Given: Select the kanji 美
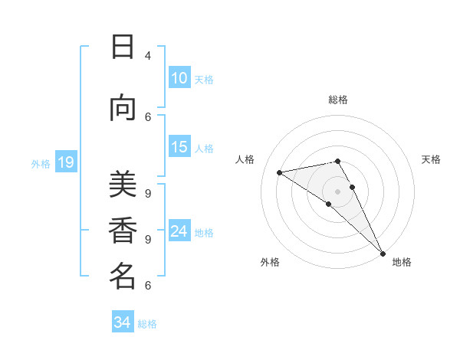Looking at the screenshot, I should point(122,185).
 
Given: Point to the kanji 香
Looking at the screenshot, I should point(122,231).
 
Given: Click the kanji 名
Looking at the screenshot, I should point(122,276).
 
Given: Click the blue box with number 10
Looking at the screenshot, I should point(179,78).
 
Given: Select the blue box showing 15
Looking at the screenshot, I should point(179,148).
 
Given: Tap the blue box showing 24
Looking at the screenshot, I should point(179,232).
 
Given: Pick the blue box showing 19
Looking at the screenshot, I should point(66,162).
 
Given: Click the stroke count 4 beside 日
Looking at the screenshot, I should point(147,56).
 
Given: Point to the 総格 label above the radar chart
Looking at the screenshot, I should point(338,100).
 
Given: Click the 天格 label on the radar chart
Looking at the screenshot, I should point(431,159).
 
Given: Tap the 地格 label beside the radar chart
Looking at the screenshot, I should point(402,262).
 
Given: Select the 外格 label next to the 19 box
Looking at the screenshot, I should point(40,163).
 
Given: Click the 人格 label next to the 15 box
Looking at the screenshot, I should point(204,149).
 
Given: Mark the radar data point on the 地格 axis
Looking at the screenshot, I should point(383,253).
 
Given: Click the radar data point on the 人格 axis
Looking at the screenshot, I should point(280,172).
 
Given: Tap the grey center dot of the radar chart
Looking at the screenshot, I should point(338,191).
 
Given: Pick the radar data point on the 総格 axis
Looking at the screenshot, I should point(338,161).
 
